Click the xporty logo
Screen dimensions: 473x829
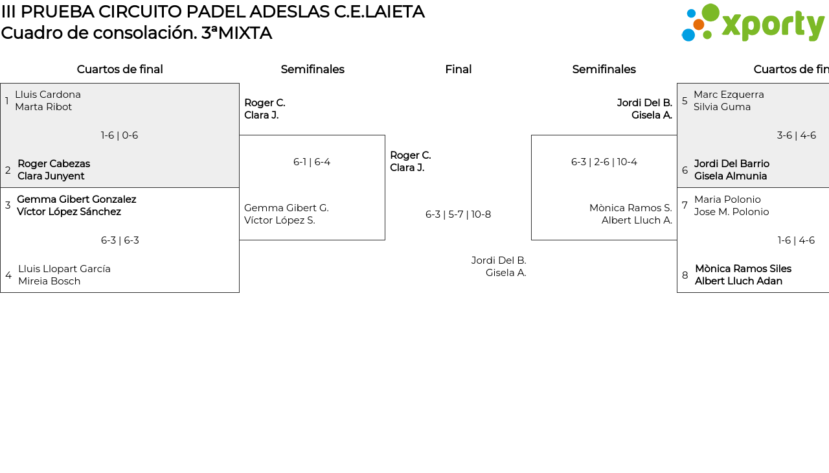753,23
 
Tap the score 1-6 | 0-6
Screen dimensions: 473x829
119,135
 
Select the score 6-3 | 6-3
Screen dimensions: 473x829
120,240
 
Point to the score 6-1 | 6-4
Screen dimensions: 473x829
312,162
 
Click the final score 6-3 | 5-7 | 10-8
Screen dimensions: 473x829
458,214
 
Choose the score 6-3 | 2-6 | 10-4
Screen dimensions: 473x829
604,162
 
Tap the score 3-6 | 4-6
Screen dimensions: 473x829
796,135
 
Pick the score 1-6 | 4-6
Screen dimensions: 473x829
796,240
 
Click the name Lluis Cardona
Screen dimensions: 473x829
48,95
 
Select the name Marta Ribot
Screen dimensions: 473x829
43,107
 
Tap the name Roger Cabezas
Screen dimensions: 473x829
54,164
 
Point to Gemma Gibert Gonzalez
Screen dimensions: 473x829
76,200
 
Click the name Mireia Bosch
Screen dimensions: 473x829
49,281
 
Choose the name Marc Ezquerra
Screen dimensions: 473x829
729,95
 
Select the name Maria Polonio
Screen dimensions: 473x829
727,200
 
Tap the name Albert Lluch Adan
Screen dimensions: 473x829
738,281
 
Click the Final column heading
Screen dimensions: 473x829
458,69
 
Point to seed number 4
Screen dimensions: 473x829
8,275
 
